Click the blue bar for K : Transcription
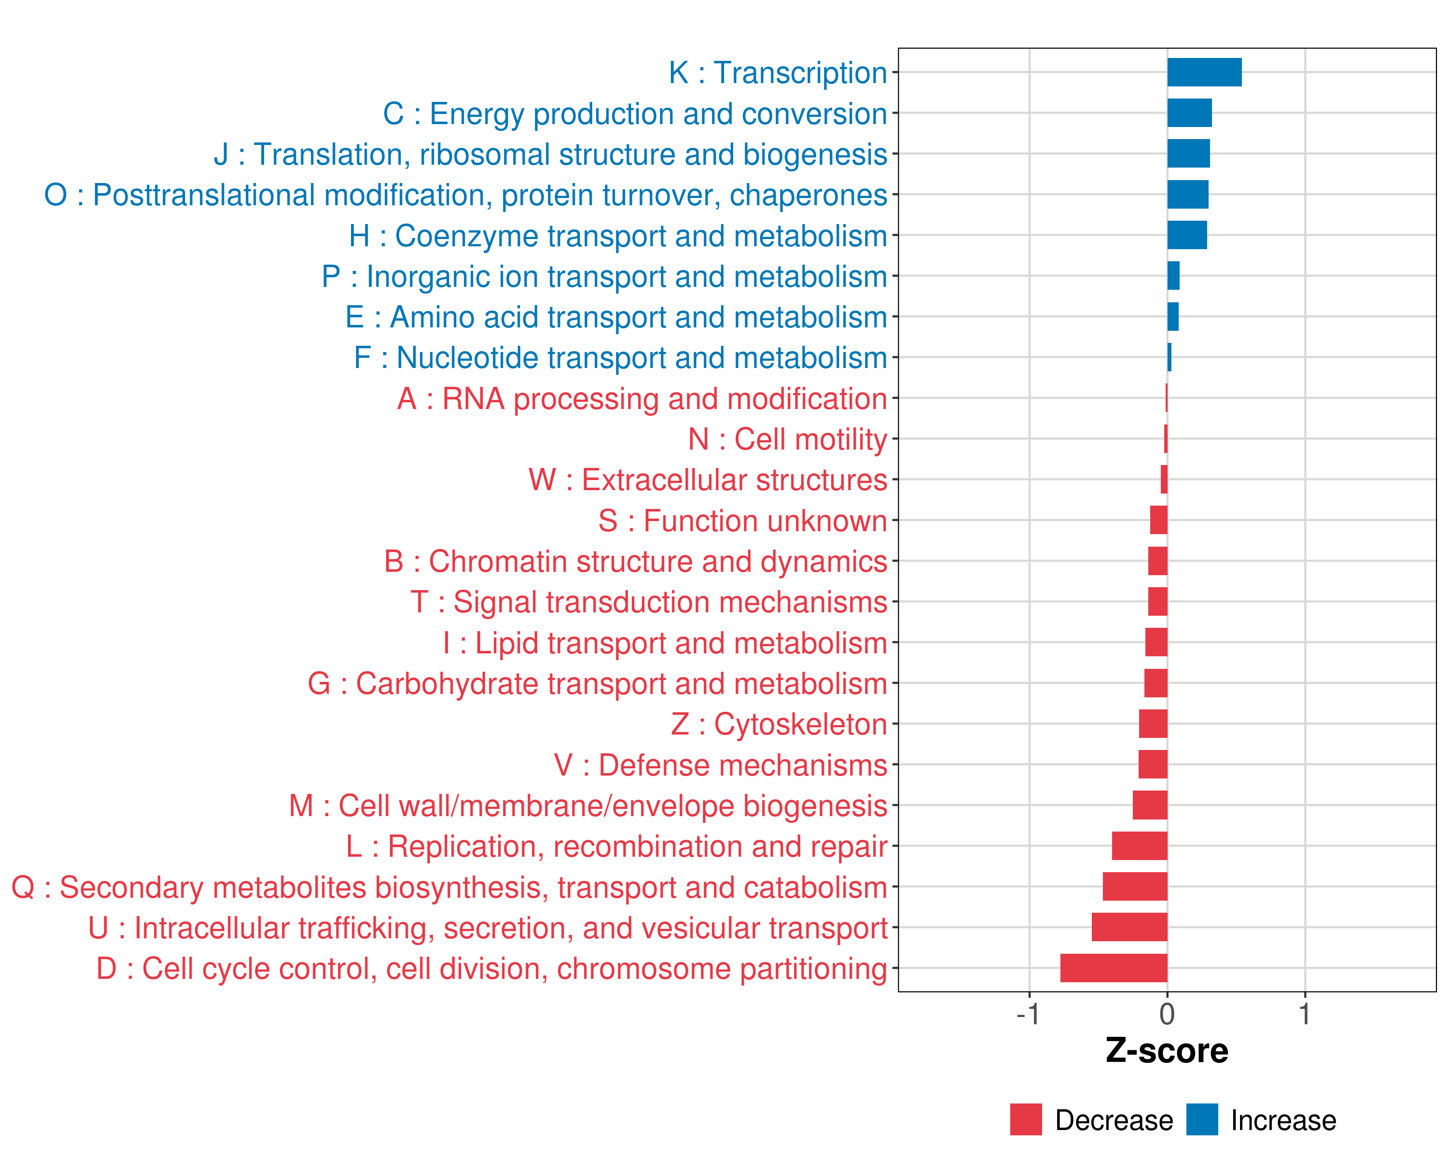(x=1204, y=72)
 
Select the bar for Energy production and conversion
(x=1189, y=113)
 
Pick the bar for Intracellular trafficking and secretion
(x=1129, y=927)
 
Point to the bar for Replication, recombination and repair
(x=1139, y=846)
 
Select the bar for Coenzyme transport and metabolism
(x=1187, y=235)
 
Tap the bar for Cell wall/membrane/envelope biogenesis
(x=1150, y=805)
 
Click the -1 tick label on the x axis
(x=1028, y=1015)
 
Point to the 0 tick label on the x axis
(x=1167, y=1015)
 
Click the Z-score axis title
(x=1167, y=1051)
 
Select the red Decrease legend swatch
(x=1026, y=1119)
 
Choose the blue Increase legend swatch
(x=1201, y=1119)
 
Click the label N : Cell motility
(x=787, y=439)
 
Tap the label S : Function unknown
(x=742, y=521)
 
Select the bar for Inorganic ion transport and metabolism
(x=1173, y=275)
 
